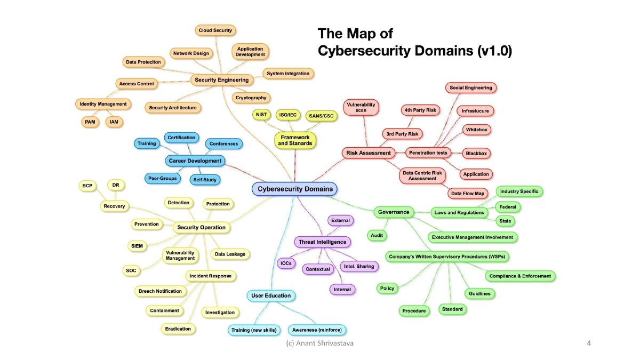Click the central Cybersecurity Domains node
(295, 189)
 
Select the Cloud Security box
(215, 30)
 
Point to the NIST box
(261, 114)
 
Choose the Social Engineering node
(470, 87)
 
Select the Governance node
(394, 212)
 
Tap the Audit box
(377, 235)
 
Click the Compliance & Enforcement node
(520, 276)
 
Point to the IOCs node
(285, 263)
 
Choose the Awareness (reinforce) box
(317, 330)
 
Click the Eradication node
(178, 329)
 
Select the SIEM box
(136, 246)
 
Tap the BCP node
(87, 186)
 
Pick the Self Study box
(205, 180)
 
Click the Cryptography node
(251, 98)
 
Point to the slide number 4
(588, 344)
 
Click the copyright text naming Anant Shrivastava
(319, 344)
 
